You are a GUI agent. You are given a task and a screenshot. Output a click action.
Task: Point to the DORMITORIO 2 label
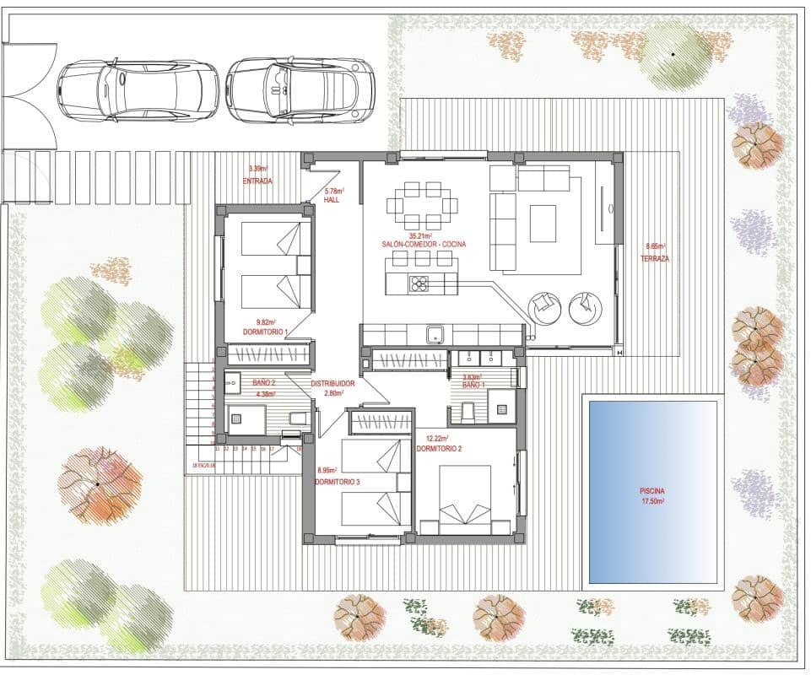pos(438,448)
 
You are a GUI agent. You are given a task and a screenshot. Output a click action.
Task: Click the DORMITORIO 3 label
pos(338,481)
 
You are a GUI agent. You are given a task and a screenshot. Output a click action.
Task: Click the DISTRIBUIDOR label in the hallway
pos(333,383)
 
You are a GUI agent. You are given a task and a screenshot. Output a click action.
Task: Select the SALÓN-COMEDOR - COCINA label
pos(424,245)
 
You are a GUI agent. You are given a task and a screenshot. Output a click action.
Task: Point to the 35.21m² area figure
pos(421,235)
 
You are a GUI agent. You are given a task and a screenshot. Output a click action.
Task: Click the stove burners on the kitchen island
pos(419,283)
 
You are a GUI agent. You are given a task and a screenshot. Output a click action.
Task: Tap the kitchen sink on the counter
pos(435,334)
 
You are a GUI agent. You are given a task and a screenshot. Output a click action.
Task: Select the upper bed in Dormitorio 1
pos(272,239)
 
